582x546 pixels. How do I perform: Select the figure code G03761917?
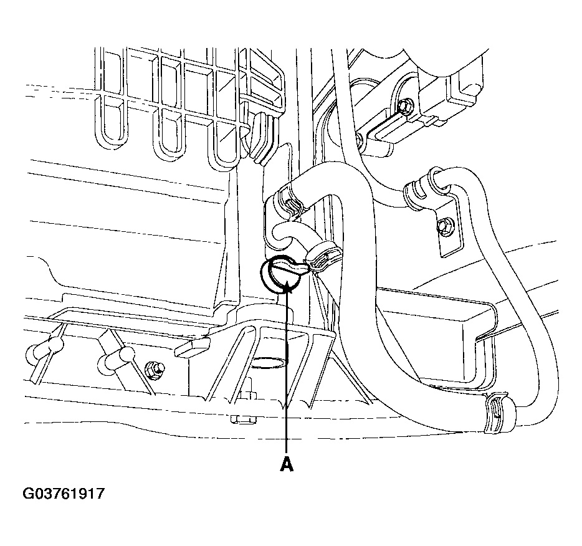(64, 494)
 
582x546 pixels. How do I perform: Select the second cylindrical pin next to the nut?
(117, 358)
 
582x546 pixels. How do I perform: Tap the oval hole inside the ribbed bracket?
(268, 362)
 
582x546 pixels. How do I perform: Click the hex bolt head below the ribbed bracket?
(243, 419)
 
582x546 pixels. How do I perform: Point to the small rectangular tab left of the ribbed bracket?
(191, 348)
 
